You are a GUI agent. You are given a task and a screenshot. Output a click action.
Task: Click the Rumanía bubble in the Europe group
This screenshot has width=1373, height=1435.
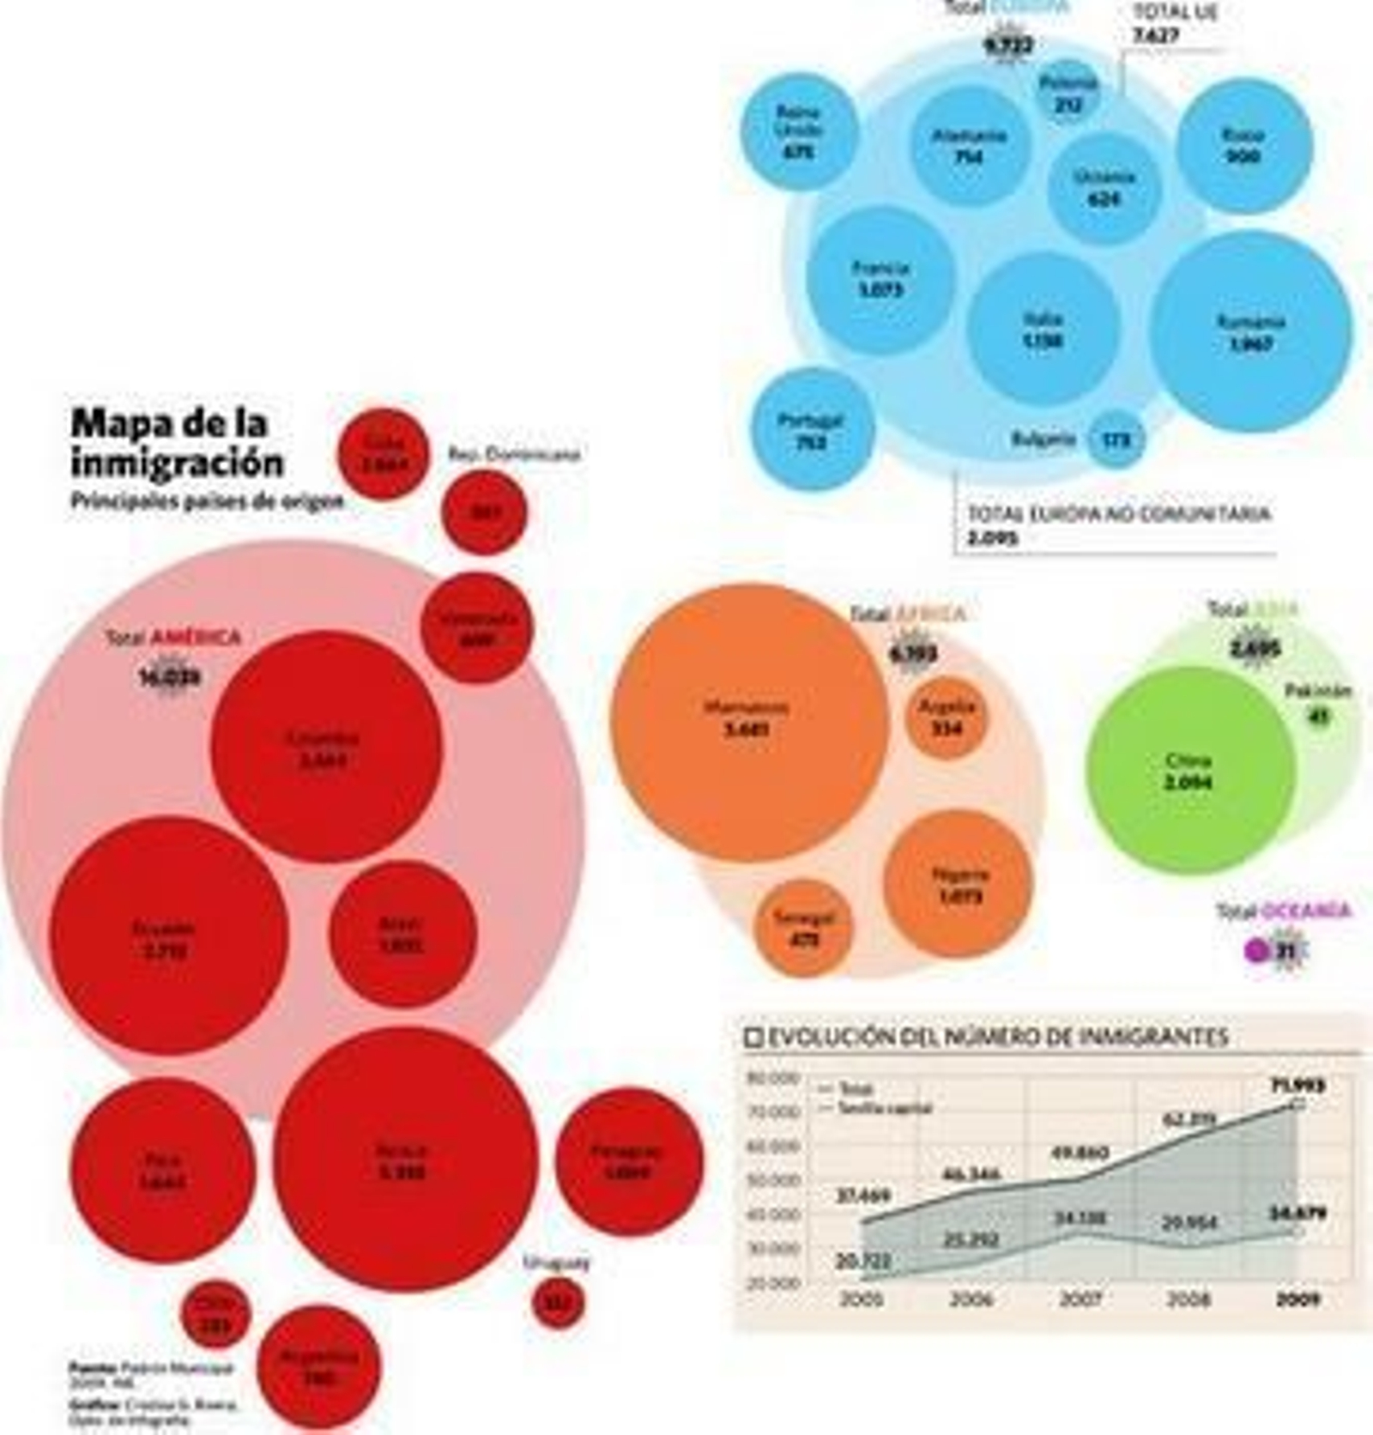(x=1250, y=332)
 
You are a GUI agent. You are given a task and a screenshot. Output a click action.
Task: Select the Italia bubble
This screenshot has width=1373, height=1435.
(x=1043, y=329)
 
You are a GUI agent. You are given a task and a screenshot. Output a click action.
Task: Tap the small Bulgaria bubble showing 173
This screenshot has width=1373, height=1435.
(x=1116, y=439)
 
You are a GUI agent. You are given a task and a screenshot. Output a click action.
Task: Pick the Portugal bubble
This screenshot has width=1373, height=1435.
(x=812, y=430)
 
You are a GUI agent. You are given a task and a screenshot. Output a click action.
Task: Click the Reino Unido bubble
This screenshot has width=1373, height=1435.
(x=799, y=131)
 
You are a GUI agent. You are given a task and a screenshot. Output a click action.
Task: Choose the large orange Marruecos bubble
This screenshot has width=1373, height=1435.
(x=748, y=721)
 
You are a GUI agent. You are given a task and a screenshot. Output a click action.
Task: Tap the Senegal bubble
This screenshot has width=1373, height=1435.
(x=803, y=928)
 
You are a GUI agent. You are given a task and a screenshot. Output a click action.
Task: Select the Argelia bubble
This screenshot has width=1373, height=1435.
(x=946, y=717)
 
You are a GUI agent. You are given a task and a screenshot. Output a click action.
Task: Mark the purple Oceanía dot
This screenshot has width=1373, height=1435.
(x=1256, y=950)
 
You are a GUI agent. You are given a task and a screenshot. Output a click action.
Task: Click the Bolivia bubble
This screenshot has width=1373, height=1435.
(x=405, y=1160)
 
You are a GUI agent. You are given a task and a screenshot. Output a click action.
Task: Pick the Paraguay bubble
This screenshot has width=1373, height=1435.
(x=628, y=1161)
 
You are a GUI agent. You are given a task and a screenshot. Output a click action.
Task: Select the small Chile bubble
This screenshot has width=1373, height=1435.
(x=215, y=1314)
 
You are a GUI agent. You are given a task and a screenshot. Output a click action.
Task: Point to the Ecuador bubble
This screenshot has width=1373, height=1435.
(x=168, y=936)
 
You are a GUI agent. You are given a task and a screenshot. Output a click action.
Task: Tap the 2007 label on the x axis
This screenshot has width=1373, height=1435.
(x=1080, y=1299)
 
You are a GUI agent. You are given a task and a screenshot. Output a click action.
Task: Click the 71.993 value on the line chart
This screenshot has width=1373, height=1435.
(x=1297, y=1086)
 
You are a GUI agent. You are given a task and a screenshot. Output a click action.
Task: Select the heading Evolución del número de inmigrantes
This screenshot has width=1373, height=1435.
(x=995, y=1037)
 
